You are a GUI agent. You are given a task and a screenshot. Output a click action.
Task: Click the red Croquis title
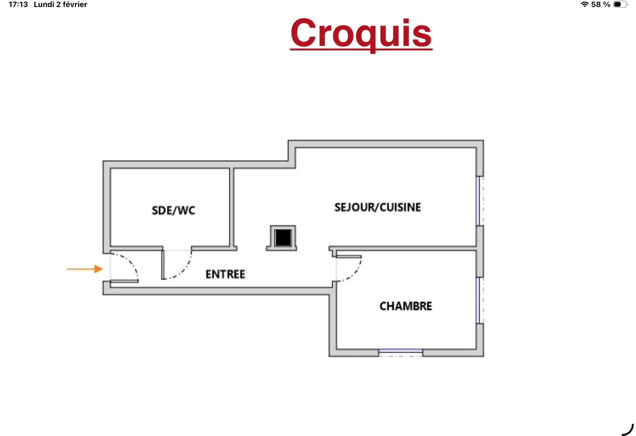361,35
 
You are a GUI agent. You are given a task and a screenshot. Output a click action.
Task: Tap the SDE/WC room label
173,211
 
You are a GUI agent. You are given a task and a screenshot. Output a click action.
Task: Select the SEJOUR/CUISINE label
378,208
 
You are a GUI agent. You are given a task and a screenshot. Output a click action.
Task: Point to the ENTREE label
225,274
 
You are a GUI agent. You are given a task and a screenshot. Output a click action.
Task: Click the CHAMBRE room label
406,306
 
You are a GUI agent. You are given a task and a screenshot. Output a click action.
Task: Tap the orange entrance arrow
85,269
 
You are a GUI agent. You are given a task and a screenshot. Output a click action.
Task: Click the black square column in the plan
283,238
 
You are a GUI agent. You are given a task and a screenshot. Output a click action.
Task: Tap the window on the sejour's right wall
480,201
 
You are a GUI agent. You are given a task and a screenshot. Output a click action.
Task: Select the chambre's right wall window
480,300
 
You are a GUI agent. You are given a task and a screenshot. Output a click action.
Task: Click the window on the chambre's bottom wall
400,353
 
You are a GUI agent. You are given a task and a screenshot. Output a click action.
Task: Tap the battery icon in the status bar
620,4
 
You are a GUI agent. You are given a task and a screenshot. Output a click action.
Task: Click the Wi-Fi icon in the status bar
584,4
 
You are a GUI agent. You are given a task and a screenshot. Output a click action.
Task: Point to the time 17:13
18,4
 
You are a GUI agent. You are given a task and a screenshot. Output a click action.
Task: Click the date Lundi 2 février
60,4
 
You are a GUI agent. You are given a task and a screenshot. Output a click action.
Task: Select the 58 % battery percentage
601,4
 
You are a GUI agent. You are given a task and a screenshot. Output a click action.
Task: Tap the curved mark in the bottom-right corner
628,429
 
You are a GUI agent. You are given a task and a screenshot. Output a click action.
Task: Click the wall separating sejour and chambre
403,249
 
